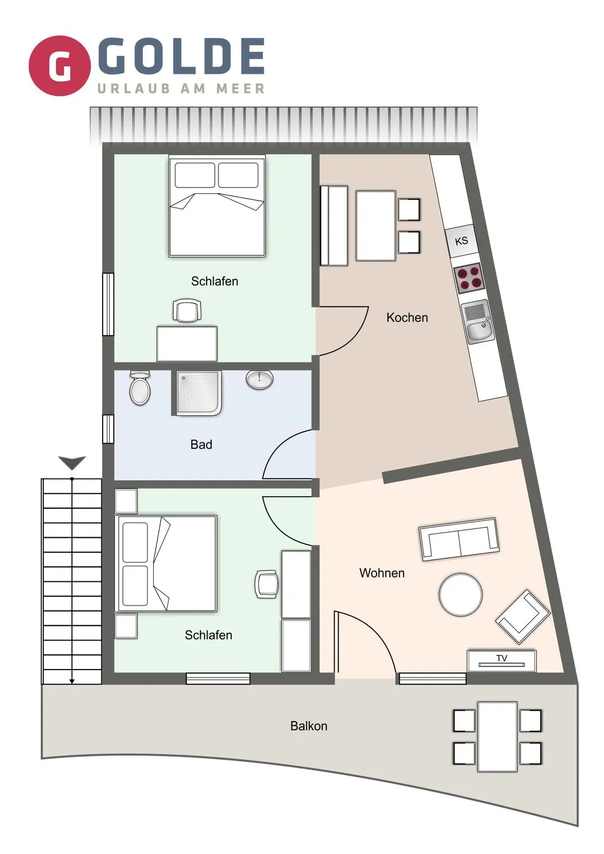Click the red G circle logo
[x=59, y=66]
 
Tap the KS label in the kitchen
[x=462, y=241]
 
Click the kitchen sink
[x=477, y=322]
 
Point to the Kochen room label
[x=407, y=318]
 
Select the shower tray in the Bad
[x=199, y=393]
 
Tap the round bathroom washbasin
[x=259, y=380]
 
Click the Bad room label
[x=201, y=445]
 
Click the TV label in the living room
[x=502, y=658]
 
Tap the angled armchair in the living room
[x=523, y=617]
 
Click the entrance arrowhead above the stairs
[x=72, y=463]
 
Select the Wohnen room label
[x=382, y=573]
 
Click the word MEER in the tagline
[x=240, y=88]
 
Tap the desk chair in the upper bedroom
[x=187, y=310]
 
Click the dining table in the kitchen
[x=376, y=226]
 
